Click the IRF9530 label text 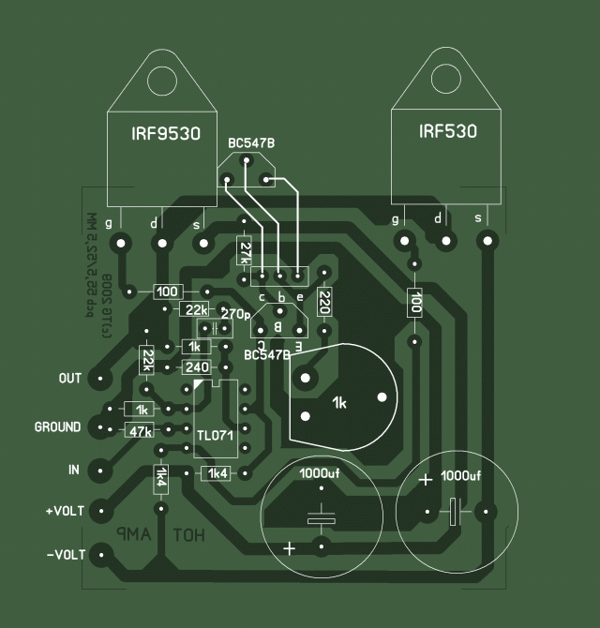(x=166, y=134)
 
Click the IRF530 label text (x=448, y=131)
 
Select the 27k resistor (x=245, y=251)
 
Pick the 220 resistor (x=324, y=302)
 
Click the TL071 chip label (x=215, y=436)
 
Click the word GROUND (x=57, y=427)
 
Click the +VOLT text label (x=64, y=512)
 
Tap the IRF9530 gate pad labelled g (x=120, y=245)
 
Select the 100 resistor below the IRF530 (x=414, y=303)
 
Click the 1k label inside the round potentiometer (x=339, y=403)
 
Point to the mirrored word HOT (x=189, y=534)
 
